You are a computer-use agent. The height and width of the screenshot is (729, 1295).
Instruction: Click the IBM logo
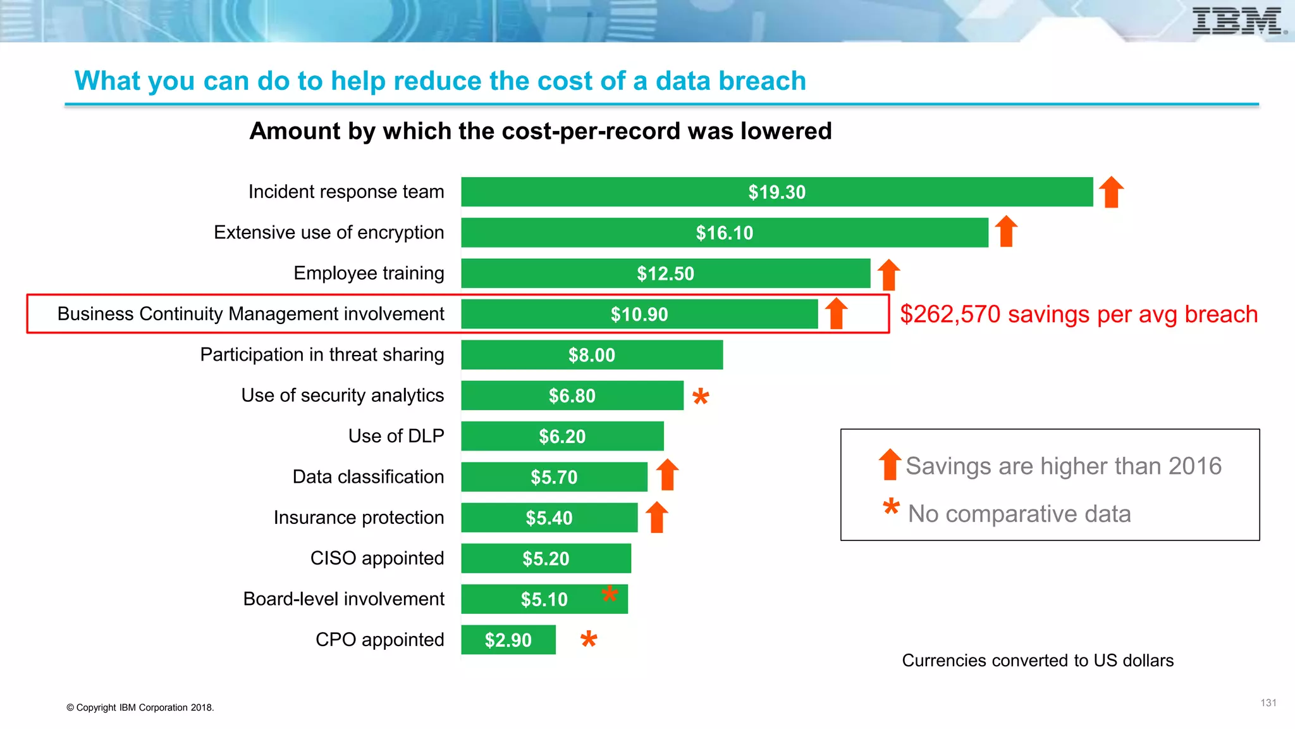coord(1238,21)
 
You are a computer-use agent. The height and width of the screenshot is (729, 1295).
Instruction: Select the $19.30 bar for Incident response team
coord(776,192)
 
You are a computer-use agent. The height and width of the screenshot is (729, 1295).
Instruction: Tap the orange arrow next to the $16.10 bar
coord(1006,231)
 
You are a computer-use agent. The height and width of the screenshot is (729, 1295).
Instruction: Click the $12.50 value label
coord(665,273)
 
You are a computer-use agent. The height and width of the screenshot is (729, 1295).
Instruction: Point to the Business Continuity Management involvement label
coord(251,314)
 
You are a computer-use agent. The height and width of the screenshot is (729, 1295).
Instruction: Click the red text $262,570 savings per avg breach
coord(1079,315)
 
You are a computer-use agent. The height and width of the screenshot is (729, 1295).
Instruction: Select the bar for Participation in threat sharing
coord(592,355)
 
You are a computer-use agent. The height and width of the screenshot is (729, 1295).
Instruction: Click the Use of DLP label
coord(396,436)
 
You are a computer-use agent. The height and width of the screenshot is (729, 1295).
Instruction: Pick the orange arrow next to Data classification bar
coord(667,475)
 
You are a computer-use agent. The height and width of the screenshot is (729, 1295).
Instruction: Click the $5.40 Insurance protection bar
coord(549,518)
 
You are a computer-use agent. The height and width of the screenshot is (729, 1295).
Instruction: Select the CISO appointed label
coord(377,558)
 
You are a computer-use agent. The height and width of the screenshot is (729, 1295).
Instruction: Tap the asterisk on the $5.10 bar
coord(610,594)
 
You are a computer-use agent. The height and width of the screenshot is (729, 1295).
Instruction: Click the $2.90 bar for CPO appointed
coord(508,640)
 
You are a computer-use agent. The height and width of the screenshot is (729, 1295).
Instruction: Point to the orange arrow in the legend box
coord(890,464)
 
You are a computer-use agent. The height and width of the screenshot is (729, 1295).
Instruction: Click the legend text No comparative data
coord(1019,514)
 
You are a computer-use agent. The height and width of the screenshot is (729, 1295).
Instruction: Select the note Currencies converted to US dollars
coord(1037,661)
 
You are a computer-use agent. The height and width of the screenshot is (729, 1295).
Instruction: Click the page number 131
coord(1268,703)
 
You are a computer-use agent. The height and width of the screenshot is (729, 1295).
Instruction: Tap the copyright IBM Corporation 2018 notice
coord(140,707)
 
